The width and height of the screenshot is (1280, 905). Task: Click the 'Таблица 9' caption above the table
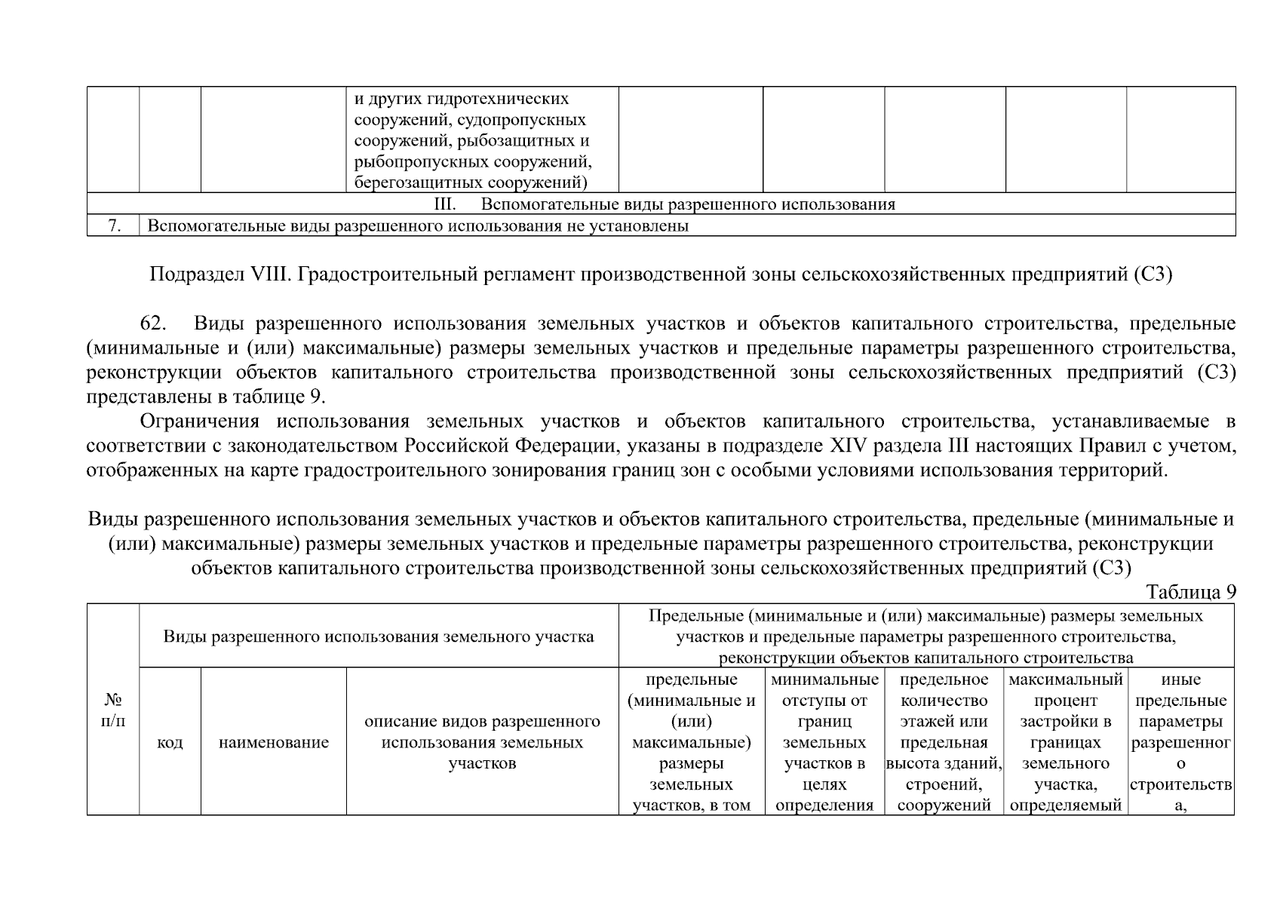pos(1191,592)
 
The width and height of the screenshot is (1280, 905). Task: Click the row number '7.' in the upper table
pos(114,225)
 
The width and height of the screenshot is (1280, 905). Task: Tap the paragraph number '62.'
pos(155,324)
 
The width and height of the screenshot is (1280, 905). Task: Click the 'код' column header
pos(170,743)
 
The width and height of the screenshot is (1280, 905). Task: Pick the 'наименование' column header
pos(274,743)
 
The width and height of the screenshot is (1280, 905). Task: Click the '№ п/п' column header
pos(113,710)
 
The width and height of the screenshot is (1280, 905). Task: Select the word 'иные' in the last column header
pos(1181,680)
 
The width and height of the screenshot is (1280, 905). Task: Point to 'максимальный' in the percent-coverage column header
pos(1066,680)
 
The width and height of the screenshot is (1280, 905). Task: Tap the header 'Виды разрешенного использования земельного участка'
pos(379,637)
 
